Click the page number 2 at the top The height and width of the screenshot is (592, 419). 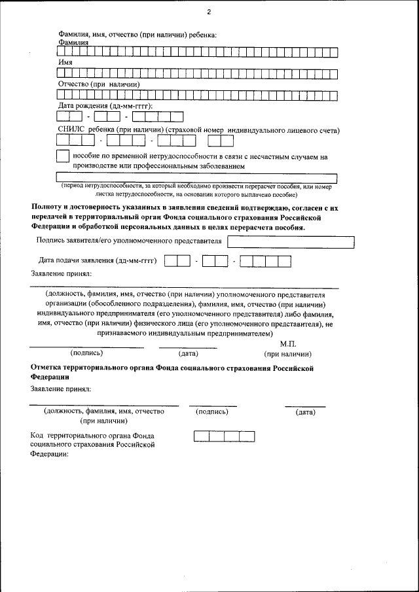209,12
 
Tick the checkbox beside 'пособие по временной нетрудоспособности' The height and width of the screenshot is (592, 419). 63,157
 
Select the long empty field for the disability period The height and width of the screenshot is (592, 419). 197,177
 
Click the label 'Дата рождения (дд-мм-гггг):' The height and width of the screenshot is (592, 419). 105,105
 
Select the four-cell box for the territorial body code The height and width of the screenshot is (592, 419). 224,437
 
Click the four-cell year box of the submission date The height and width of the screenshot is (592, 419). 265,261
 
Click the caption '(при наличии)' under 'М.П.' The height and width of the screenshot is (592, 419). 287,354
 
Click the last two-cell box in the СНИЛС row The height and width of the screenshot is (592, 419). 225,140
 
